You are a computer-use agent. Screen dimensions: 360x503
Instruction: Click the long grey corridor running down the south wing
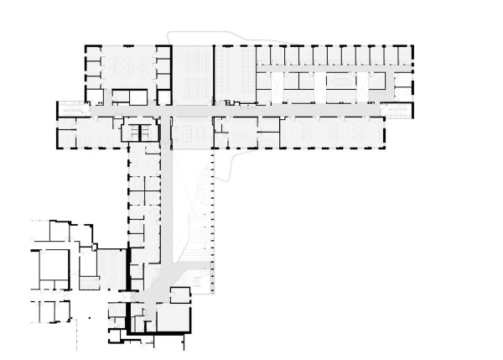click(x=169, y=201)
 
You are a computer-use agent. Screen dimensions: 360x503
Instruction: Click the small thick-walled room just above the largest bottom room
click(x=180, y=295)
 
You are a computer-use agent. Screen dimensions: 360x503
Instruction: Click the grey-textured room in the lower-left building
click(x=110, y=269)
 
